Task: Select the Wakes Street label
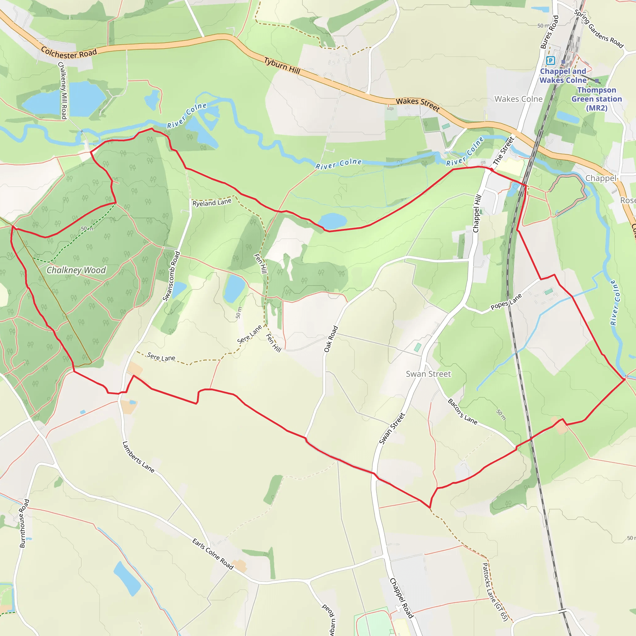(x=418, y=104)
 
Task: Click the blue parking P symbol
(x=550, y=61)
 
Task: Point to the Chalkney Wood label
(x=76, y=270)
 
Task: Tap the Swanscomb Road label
(x=171, y=276)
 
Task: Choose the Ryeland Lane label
(x=212, y=203)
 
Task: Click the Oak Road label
(x=331, y=339)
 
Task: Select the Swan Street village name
(x=428, y=374)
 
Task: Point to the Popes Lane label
(x=506, y=302)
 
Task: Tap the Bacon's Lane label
(x=462, y=411)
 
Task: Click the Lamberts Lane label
(x=138, y=457)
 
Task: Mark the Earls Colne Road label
(x=213, y=554)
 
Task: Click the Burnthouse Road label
(x=24, y=523)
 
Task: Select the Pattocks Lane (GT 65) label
(x=495, y=592)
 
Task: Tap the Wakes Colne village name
(x=519, y=99)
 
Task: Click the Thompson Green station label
(x=597, y=99)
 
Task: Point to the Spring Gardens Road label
(x=599, y=29)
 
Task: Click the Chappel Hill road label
(x=477, y=214)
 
